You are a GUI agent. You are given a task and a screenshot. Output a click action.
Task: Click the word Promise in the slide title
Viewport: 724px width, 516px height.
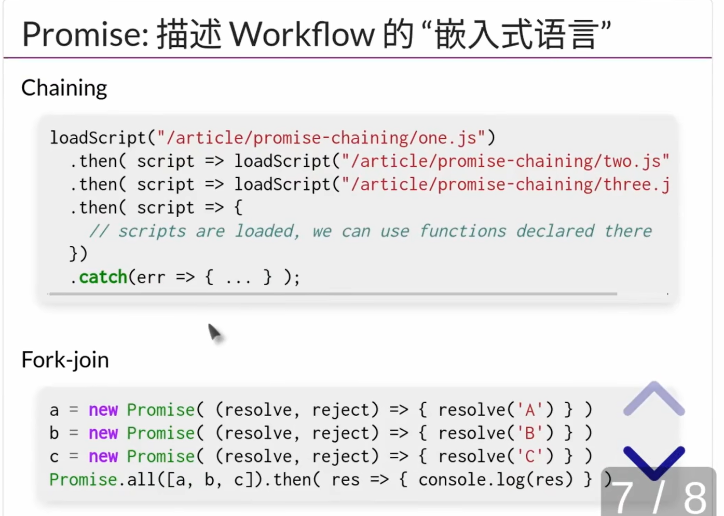(x=85, y=34)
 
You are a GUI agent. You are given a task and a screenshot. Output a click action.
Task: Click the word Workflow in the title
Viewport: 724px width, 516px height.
(x=302, y=34)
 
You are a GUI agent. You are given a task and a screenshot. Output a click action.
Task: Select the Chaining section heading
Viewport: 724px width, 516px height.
(x=64, y=88)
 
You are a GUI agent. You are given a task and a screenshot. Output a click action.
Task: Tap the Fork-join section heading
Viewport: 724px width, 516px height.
(x=65, y=360)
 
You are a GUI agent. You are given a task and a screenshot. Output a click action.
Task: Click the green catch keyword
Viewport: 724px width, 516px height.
(x=103, y=277)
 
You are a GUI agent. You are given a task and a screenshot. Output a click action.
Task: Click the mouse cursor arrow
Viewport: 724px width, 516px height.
(x=214, y=332)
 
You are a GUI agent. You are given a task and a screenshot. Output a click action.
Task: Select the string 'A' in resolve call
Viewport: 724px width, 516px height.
(x=530, y=410)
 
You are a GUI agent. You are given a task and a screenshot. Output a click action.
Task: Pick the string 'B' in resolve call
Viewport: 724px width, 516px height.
(x=530, y=433)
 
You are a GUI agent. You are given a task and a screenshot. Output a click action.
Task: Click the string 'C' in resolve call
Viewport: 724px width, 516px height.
(x=530, y=456)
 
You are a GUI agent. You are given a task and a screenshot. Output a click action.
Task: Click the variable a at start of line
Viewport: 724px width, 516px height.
(x=54, y=411)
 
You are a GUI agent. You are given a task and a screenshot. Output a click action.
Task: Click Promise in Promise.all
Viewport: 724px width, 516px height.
(x=83, y=480)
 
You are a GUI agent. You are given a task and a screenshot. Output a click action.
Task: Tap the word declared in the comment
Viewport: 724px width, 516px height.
(x=555, y=231)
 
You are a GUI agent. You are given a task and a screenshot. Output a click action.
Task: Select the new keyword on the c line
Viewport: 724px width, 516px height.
(x=103, y=456)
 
